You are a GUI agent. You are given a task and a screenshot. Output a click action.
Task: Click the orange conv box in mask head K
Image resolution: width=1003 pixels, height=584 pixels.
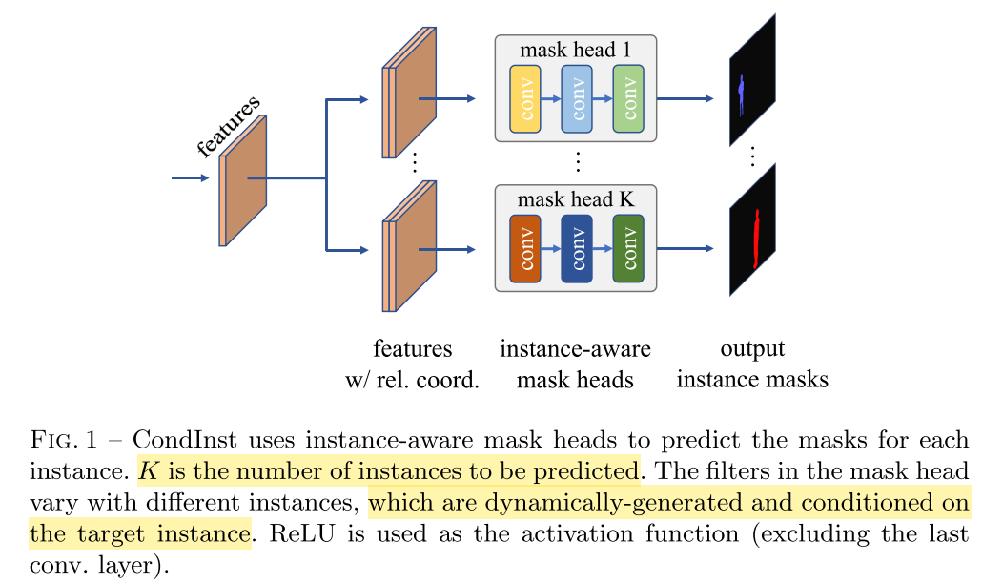pos(525,248)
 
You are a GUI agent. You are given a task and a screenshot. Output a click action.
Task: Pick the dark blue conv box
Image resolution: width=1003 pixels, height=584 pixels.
pos(576,248)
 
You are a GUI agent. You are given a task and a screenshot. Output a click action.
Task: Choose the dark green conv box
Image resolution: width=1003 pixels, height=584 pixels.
pos(627,248)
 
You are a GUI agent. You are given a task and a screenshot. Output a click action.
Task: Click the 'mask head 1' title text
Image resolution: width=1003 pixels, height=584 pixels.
pos(575,49)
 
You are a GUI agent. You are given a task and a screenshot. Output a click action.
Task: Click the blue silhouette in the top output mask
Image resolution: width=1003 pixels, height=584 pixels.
pos(743,95)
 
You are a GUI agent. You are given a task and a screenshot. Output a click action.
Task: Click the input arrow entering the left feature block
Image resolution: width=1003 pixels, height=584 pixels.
pos(189,177)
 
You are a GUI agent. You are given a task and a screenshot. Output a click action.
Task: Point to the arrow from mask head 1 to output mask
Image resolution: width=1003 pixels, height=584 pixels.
pos(685,98)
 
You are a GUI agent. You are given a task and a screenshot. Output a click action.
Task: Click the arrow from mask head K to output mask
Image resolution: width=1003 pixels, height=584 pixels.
pos(685,248)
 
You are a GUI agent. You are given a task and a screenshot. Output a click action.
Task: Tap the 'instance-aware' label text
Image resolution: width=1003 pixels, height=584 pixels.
pos(575,349)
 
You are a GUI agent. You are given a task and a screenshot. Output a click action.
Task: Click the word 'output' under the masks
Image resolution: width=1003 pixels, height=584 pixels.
pos(752,349)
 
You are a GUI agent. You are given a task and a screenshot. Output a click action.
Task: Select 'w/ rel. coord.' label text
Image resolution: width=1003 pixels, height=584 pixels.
pos(412,380)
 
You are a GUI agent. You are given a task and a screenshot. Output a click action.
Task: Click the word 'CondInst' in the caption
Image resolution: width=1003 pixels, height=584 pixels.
pos(174,441)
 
